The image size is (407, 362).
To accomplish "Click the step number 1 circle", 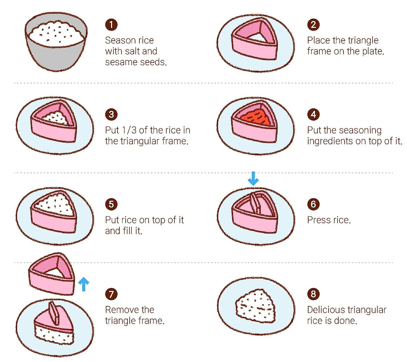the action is pos(111,25).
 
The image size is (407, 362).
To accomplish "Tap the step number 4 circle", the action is pos(313,114).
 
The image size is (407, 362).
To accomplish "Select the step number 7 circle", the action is pos(111,294).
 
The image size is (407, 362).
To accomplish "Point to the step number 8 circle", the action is pos(313,294).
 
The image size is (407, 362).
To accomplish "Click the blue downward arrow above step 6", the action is pos(253,178).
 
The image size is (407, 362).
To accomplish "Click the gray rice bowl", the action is pos(56,41).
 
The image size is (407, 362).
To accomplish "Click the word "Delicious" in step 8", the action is pos(326,310).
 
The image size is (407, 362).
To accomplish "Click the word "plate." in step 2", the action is pos(373,51).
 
